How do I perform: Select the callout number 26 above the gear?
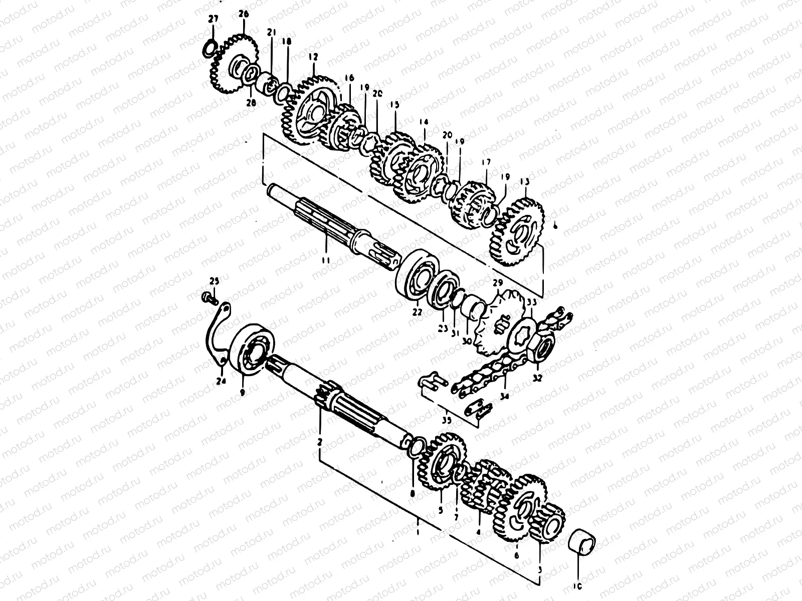pyautogui.click(x=244, y=15)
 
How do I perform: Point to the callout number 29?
pyautogui.click(x=497, y=283)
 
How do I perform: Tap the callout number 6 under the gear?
pyautogui.click(x=517, y=555)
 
